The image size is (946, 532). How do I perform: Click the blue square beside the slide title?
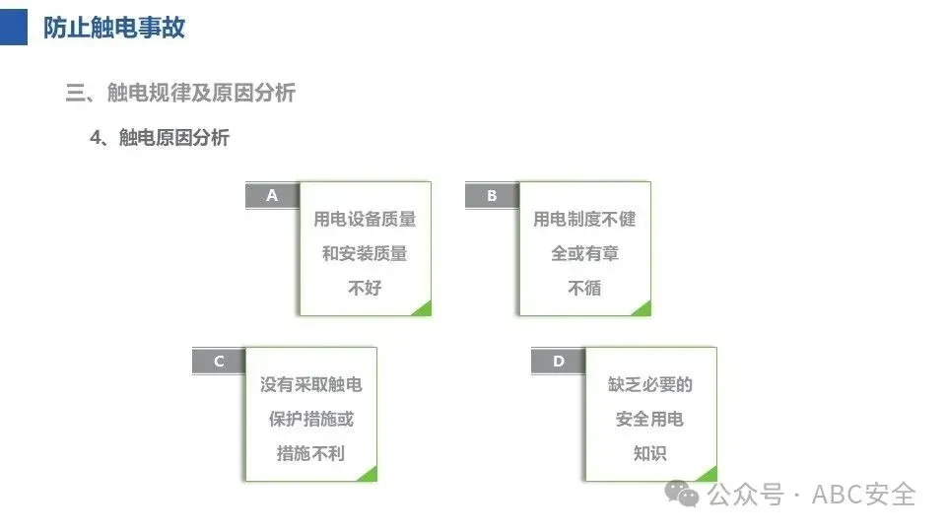(x=13, y=28)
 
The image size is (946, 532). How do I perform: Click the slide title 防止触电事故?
(x=114, y=28)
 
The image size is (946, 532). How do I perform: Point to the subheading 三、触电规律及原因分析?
(x=180, y=93)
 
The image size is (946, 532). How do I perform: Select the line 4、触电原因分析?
(x=160, y=138)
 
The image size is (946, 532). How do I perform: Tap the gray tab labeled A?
(x=272, y=195)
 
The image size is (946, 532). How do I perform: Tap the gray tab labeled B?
(x=492, y=195)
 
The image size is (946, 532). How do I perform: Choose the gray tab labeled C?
(x=219, y=361)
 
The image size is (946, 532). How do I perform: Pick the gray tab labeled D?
(x=559, y=361)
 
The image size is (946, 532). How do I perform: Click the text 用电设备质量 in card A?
(x=365, y=219)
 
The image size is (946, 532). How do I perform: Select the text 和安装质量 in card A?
(x=365, y=253)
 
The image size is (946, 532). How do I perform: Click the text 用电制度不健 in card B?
(x=584, y=219)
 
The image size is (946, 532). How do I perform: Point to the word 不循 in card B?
(x=584, y=288)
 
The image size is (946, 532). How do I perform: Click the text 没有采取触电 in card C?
(x=310, y=384)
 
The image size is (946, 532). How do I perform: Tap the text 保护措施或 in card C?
(x=310, y=419)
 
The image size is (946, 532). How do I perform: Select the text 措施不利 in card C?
(x=310, y=453)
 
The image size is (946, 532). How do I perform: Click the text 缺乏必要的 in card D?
(x=649, y=384)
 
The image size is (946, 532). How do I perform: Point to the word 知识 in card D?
(x=649, y=453)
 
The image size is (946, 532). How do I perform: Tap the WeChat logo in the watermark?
(x=682, y=494)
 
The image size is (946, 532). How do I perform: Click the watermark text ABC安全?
(x=863, y=495)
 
